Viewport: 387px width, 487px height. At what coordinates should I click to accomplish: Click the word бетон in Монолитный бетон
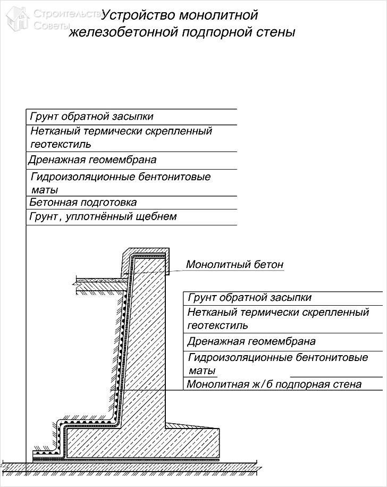[x=266, y=264]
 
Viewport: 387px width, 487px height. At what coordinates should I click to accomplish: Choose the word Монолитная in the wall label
[x=219, y=384]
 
